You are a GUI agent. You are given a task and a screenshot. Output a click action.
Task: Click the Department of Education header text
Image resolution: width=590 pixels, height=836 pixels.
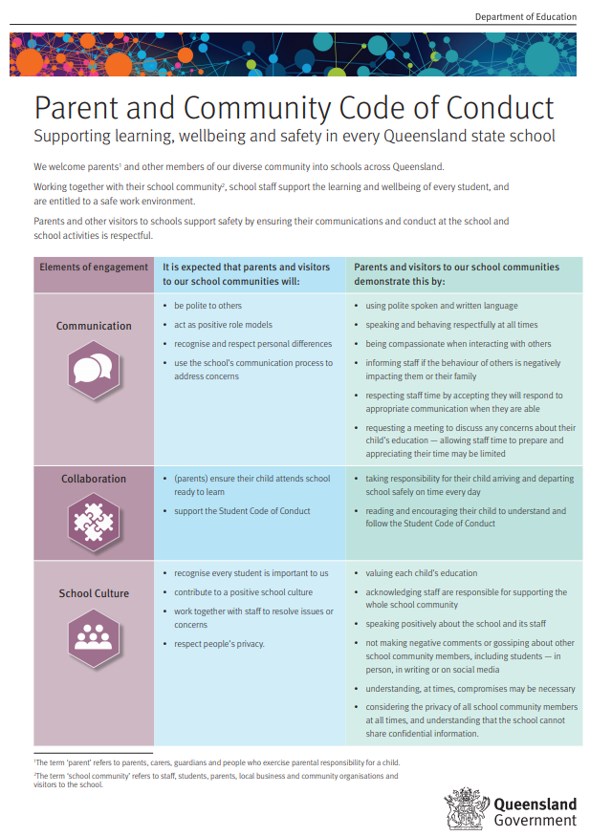pyautogui.click(x=526, y=16)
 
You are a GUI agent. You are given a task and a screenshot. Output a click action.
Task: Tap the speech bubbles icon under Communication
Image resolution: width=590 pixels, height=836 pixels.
pyautogui.click(x=93, y=371)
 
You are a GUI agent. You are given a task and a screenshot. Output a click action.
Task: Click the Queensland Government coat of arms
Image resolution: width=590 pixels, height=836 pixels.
pyautogui.click(x=468, y=808)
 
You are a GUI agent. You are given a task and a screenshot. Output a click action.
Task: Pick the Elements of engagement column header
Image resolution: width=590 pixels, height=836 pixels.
pyautogui.click(x=94, y=268)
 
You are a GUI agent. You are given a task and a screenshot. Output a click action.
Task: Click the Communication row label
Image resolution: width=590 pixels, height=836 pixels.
pyautogui.click(x=94, y=326)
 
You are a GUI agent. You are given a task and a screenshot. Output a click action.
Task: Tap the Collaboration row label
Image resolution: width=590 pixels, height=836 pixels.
pyautogui.click(x=94, y=479)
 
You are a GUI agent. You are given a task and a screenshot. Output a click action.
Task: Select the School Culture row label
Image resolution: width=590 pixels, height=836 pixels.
pyautogui.click(x=94, y=593)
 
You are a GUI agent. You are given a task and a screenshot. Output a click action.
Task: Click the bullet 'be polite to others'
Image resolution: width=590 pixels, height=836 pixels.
pyautogui.click(x=208, y=306)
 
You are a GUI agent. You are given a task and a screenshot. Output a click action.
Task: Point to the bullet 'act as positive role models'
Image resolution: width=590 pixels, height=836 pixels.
pyautogui.click(x=223, y=325)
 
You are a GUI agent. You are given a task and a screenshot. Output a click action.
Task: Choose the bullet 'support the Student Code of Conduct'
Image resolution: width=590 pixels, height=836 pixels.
pyautogui.click(x=242, y=511)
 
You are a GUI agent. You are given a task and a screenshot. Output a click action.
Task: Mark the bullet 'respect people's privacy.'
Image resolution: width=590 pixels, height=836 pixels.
pyautogui.click(x=219, y=644)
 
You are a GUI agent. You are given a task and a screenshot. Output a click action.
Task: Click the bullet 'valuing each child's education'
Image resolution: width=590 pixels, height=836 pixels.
pyautogui.click(x=421, y=573)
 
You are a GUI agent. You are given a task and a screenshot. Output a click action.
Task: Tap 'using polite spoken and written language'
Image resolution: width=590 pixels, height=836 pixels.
pyautogui.click(x=441, y=306)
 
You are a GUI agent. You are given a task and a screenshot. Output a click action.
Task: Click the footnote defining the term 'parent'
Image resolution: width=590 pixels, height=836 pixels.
pyautogui.click(x=216, y=762)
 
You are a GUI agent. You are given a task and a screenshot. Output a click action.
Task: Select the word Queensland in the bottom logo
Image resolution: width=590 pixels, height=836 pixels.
pyautogui.click(x=535, y=804)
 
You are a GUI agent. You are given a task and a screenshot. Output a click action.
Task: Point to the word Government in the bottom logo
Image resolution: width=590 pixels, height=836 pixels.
pyautogui.click(x=535, y=820)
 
